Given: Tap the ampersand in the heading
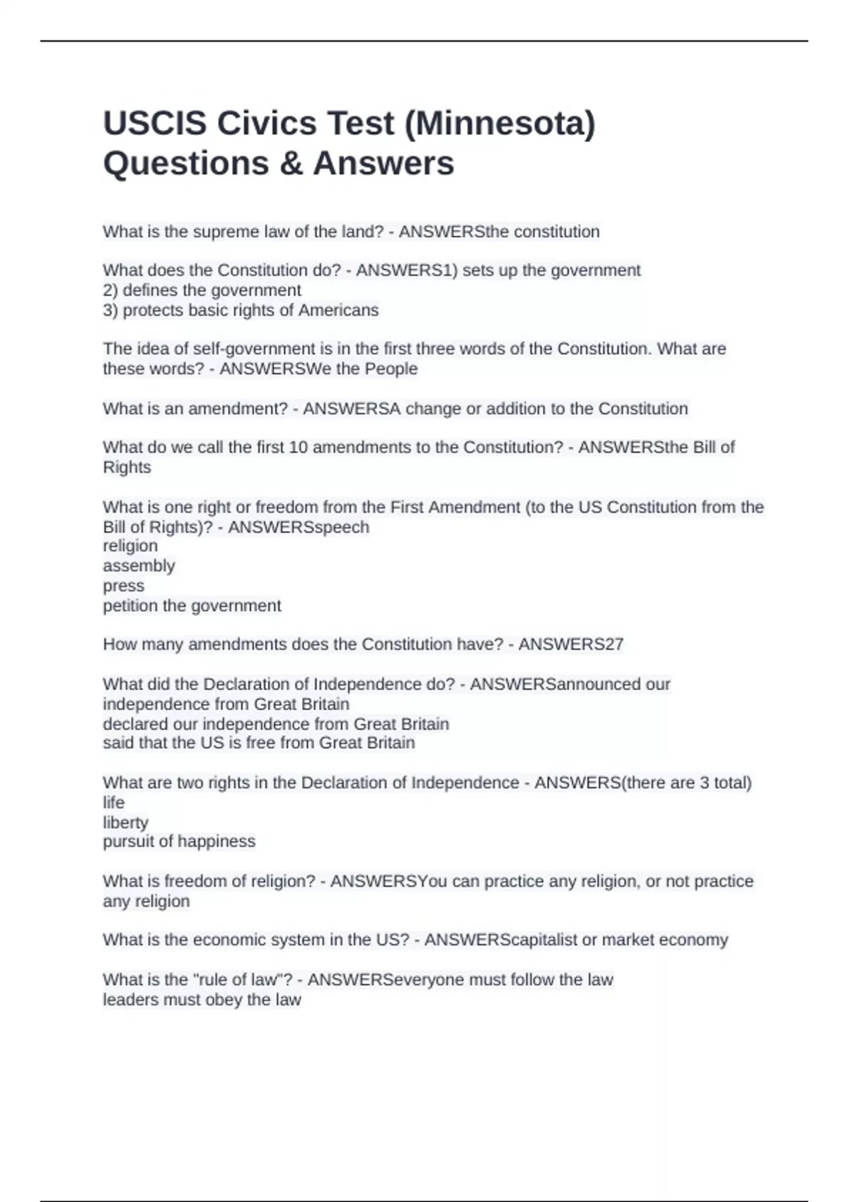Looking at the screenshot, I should [291, 163].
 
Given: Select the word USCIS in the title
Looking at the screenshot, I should [155, 123].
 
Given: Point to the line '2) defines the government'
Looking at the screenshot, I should [202, 291].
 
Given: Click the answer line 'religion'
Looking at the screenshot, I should [130, 546].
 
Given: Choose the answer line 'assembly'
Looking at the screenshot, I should [139, 566].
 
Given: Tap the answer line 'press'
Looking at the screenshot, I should [123, 586].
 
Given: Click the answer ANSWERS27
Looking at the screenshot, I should [571, 644].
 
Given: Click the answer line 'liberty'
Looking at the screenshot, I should [125, 822].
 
